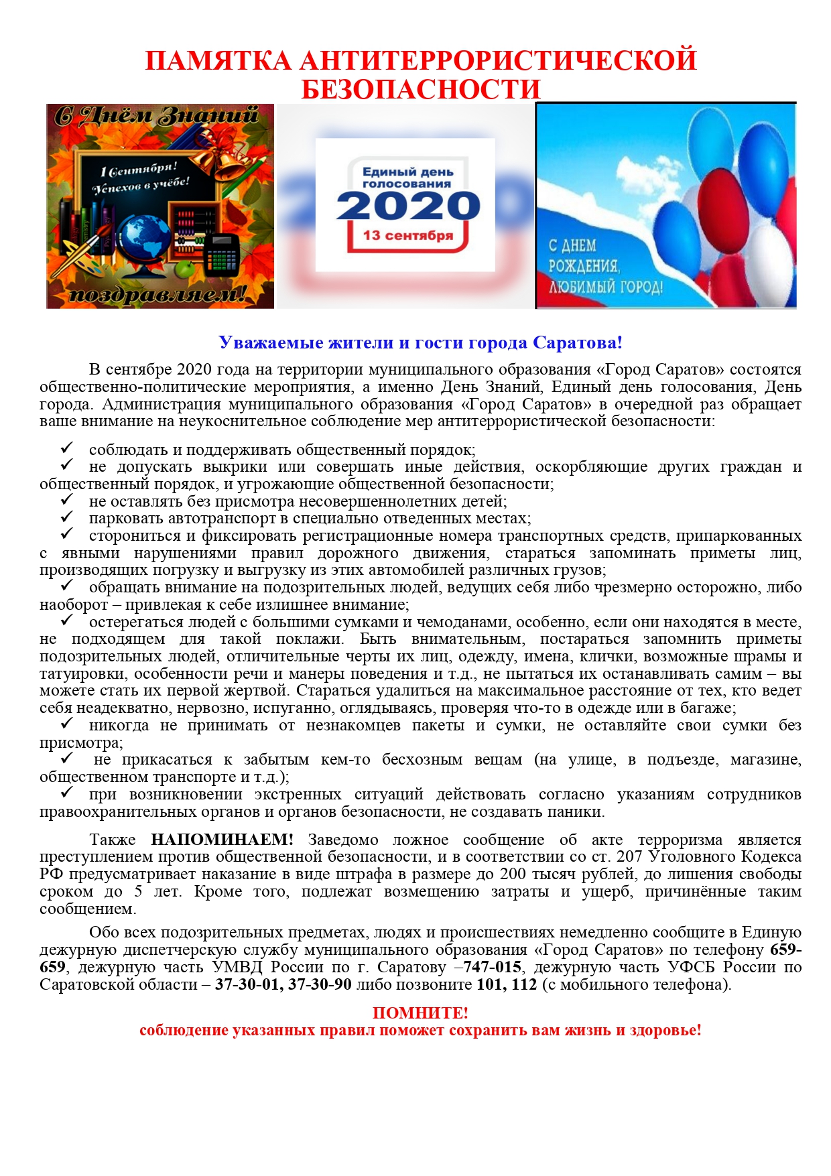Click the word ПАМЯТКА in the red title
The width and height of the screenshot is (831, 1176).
pyautogui.click(x=218, y=60)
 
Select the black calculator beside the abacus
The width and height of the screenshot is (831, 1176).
pyautogui.click(x=222, y=254)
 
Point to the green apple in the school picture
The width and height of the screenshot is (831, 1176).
pyautogui.click(x=188, y=269)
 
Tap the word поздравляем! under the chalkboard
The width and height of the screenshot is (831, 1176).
pyautogui.click(x=159, y=293)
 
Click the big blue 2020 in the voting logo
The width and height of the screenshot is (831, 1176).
pyautogui.click(x=407, y=206)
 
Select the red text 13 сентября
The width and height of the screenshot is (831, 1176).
pyautogui.click(x=407, y=235)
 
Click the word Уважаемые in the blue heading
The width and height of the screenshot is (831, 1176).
pyautogui.click(x=271, y=342)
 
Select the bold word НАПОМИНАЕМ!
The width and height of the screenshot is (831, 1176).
pyautogui.click(x=222, y=840)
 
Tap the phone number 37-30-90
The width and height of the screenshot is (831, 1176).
pyautogui.click(x=320, y=984)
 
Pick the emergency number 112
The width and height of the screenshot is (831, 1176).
pyautogui.click(x=524, y=984)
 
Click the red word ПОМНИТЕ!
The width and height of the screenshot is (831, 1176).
pyautogui.click(x=420, y=1012)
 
